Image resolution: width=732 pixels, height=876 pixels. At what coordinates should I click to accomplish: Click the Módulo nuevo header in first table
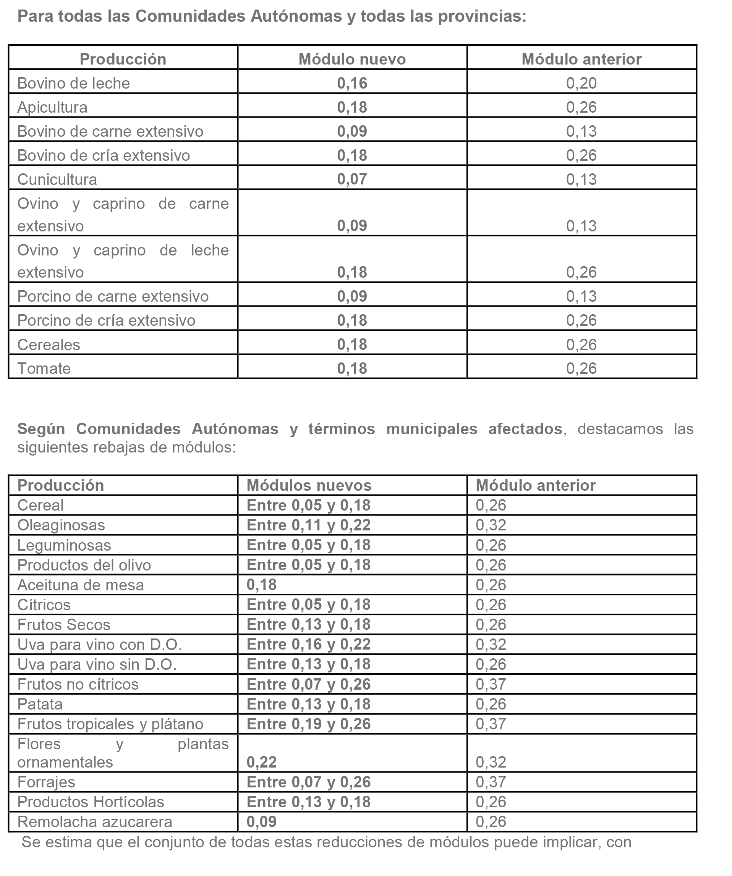point(352,59)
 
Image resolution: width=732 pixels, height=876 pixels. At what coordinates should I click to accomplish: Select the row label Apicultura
point(52,107)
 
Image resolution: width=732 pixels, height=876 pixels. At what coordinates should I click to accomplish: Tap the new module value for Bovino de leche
point(352,83)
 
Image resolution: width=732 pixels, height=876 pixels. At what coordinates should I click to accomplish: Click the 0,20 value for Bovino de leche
point(581,83)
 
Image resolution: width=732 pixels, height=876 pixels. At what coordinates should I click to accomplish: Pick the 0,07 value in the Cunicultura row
point(352,179)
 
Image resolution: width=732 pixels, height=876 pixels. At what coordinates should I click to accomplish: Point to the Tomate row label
point(44,369)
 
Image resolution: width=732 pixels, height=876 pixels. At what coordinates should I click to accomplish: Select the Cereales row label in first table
point(49,344)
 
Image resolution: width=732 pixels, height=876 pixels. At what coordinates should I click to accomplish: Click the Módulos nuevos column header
point(309,485)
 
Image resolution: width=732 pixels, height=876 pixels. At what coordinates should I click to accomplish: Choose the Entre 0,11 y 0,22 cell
point(308,525)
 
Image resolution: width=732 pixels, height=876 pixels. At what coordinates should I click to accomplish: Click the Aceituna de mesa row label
point(80,585)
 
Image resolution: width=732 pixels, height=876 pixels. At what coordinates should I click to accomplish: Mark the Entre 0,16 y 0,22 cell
point(308,645)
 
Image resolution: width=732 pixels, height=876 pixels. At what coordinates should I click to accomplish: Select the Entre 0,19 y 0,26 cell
point(308,724)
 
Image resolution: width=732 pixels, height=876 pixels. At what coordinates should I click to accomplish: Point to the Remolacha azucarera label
point(94,822)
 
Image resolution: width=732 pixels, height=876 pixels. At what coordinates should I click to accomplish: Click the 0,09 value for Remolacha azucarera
point(261,822)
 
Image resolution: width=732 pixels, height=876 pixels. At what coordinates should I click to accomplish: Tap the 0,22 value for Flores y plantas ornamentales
point(261,762)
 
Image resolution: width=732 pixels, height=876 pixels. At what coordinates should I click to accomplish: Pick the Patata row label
point(40,704)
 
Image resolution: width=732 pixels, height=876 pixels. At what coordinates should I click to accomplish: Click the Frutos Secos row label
point(63,624)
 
